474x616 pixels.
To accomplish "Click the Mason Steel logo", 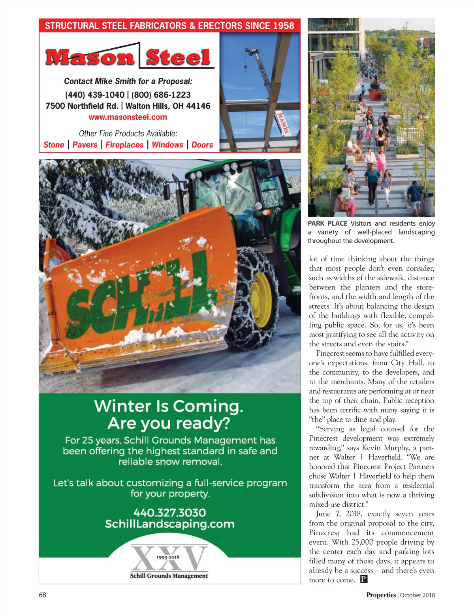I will [x=129, y=57].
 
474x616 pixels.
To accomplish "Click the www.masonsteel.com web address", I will [x=128, y=117].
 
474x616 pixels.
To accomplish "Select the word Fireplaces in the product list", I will [x=124, y=145].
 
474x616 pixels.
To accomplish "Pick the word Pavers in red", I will [x=85, y=145].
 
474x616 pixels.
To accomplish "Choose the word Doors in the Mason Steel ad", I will [x=202, y=145].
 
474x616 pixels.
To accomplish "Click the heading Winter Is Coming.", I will [x=169, y=406].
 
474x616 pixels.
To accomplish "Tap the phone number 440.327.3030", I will [x=169, y=513].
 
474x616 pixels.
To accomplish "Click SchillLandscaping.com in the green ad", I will [x=169, y=524].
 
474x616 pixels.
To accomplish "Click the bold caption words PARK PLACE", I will [x=327, y=223].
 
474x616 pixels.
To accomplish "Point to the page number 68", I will [x=42, y=595].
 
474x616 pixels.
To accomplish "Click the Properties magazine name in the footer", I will [x=381, y=595].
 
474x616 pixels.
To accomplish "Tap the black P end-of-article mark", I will [x=364, y=579].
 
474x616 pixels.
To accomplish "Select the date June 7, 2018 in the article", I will [x=338, y=514].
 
